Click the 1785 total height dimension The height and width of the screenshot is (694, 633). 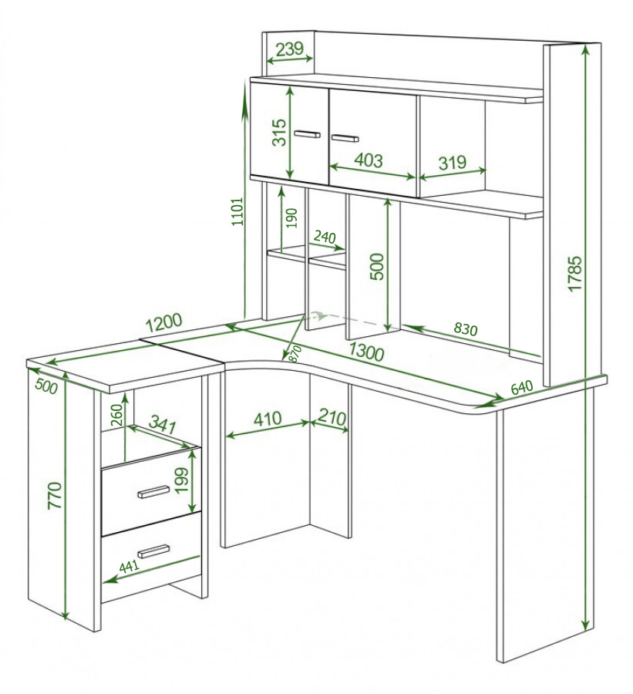click(x=574, y=273)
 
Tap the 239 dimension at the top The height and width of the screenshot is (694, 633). click(x=289, y=49)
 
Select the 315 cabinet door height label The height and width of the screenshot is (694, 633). click(x=279, y=132)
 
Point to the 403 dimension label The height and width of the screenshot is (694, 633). click(x=369, y=160)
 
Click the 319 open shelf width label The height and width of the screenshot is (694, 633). click(x=453, y=163)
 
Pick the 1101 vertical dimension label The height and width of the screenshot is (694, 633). click(x=237, y=211)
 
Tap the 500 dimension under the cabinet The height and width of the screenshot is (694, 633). click(x=377, y=266)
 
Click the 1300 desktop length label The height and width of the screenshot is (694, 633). click(x=366, y=352)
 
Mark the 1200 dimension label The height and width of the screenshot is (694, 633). click(x=163, y=322)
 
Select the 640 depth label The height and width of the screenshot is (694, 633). click(x=522, y=387)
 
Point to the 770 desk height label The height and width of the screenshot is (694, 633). click(x=56, y=495)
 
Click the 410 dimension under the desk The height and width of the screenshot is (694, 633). click(x=268, y=418)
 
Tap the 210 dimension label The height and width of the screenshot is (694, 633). click(x=332, y=417)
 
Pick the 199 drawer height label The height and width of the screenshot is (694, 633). click(x=181, y=480)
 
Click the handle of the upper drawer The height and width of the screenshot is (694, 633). click(x=153, y=491)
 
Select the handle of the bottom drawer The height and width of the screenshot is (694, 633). click(x=153, y=551)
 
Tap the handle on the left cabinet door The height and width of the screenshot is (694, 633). click(x=307, y=134)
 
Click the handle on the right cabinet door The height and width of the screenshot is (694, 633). click(x=345, y=138)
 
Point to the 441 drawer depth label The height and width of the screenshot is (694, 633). click(x=130, y=566)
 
